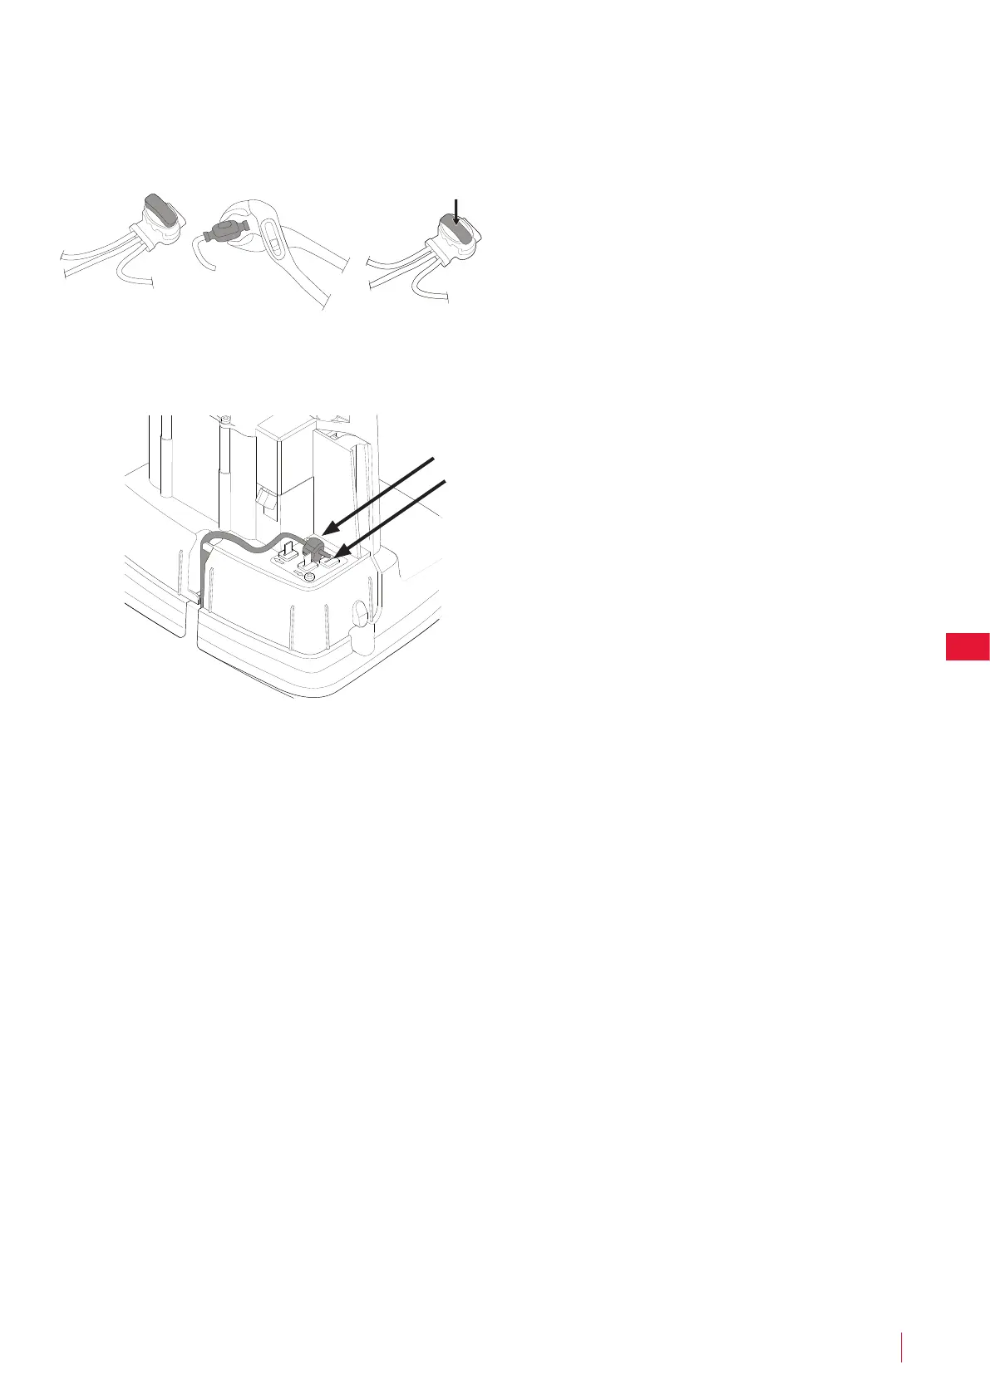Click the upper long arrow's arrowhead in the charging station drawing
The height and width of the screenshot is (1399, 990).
(328, 527)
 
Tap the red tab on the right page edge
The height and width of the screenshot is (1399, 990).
(968, 646)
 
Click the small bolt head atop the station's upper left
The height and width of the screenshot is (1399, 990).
(224, 418)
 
